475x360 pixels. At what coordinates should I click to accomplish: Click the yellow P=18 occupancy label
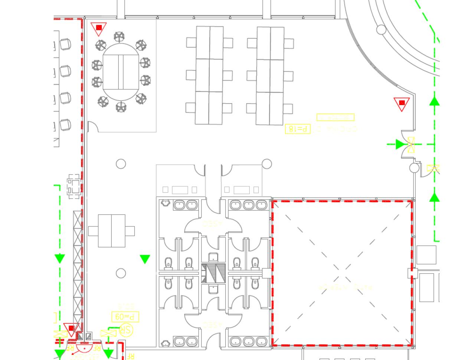298,129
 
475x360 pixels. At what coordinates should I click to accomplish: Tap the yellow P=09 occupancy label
125,317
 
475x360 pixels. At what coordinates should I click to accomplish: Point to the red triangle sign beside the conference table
99,29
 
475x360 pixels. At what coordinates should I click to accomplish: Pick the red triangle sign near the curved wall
402,104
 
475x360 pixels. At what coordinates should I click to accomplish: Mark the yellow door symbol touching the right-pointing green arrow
411,144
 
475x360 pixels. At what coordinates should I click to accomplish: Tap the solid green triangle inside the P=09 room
145,259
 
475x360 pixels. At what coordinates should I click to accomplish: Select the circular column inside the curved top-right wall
381,29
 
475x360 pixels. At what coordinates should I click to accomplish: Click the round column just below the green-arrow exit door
414,168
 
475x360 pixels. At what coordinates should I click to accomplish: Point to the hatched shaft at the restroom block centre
214,274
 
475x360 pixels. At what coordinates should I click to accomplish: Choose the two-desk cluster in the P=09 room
111,231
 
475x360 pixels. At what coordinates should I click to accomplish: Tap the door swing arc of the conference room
93,127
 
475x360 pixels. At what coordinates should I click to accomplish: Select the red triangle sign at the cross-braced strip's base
71,329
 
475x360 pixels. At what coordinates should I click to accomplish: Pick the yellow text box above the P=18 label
335,117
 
